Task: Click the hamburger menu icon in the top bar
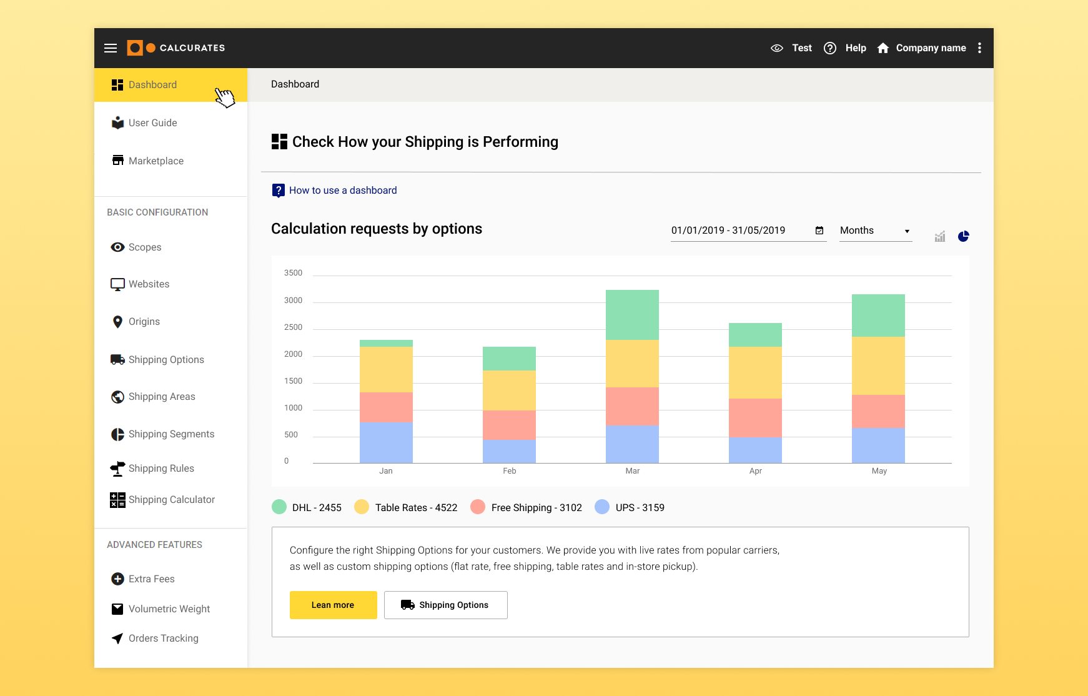[111, 48]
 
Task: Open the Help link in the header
[846, 48]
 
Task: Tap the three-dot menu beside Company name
[979, 48]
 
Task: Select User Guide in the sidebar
[152, 123]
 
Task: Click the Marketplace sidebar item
[156, 161]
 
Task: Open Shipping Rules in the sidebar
[161, 469]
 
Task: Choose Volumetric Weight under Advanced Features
[169, 609]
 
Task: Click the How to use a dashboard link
[342, 191]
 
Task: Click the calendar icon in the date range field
[819, 231]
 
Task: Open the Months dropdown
[875, 231]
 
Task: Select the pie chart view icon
[963, 236]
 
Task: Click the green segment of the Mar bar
[632, 315]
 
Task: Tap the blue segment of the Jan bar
[386, 442]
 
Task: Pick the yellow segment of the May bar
[878, 365]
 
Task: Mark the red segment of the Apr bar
[755, 417]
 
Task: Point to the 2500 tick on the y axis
[293, 327]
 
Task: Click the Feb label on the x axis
[510, 471]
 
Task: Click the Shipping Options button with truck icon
[445, 605]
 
